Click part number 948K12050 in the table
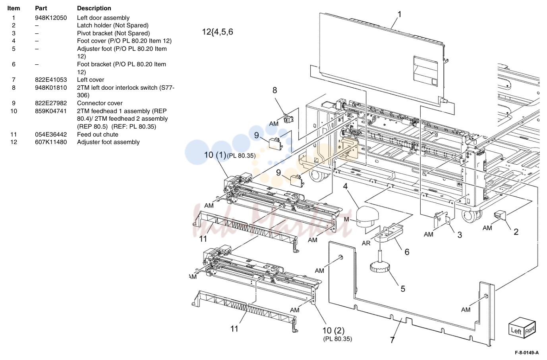(x=51, y=18)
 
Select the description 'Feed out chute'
(x=97, y=135)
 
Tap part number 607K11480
(x=51, y=142)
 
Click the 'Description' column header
(x=94, y=8)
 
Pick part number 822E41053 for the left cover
(x=51, y=80)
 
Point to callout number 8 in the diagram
(x=275, y=90)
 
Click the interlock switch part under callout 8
(x=288, y=118)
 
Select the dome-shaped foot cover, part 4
(x=367, y=216)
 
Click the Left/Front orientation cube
(x=522, y=328)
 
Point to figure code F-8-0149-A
(x=527, y=353)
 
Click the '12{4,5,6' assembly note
(x=218, y=32)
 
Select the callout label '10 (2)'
(x=333, y=331)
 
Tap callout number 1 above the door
(x=399, y=14)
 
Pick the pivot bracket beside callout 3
(x=442, y=219)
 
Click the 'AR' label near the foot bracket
(x=366, y=243)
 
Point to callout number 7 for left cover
(x=392, y=340)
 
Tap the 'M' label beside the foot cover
(x=346, y=219)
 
